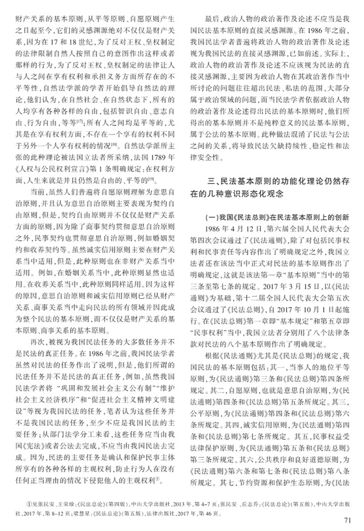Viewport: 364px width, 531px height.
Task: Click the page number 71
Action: click(346, 520)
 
